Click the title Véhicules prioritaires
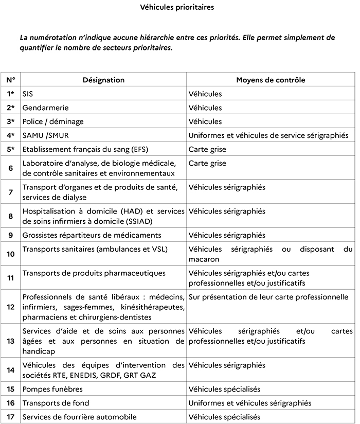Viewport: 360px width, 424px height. (177, 8)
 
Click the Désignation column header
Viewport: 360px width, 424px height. (103, 80)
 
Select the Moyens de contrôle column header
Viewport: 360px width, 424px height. (271, 80)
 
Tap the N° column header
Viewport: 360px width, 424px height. (11, 80)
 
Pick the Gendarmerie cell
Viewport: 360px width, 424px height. (45, 108)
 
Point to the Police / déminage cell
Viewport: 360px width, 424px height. (52, 122)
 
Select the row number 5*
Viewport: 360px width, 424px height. (11, 150)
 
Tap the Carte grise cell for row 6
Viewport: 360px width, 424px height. (208, 164)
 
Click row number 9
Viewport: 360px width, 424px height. (11, 235)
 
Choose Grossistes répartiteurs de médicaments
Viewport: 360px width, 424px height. (92, 235)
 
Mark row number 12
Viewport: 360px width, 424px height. (11, 307)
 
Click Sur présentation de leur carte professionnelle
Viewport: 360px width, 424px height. (268, 297)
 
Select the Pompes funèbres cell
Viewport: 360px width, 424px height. (52, 390)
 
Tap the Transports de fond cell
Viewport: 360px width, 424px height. (56, 403)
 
